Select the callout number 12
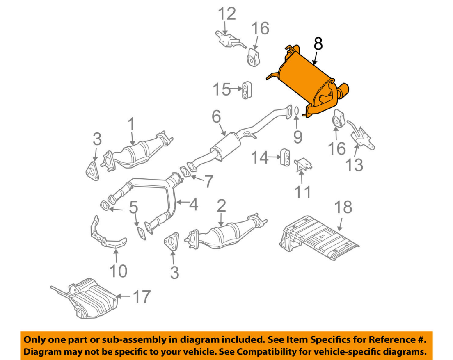(x=226, y=14)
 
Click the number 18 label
(x=343, y=207)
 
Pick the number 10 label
(x=117, y=271)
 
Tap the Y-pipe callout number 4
(x=192, y=204)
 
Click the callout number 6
(x=216, y=117)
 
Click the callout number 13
(x=354, y=165)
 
